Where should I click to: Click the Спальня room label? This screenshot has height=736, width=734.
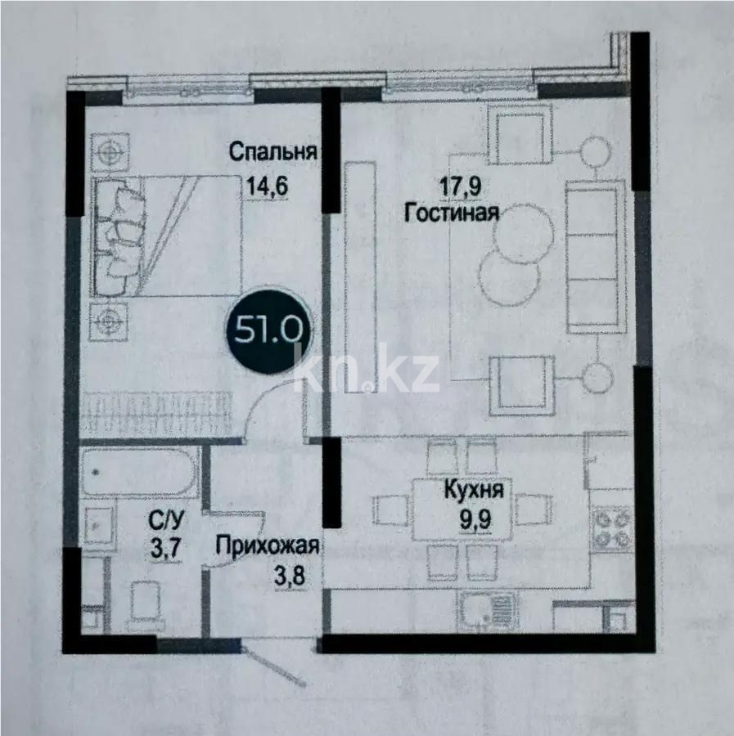(x=272, y=153)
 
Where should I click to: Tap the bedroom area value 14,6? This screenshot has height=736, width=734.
(x=267, y=186)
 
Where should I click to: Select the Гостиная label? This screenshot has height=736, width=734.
(x=452, y=213)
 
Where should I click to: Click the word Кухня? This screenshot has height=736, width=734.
(x=474, y=490)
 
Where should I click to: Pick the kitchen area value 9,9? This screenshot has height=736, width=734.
(x=475, y=519)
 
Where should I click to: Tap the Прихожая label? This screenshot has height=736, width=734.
(x=268, y=546)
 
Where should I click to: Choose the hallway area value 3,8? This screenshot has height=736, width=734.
(x=290, y=576)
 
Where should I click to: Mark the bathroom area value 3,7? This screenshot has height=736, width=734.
(x=166, y=547)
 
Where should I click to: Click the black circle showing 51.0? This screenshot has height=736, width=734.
(x=268, y=332)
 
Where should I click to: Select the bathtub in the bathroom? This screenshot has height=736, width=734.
(x=139, y=472)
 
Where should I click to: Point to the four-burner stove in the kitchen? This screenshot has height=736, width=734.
(x=612, y=528)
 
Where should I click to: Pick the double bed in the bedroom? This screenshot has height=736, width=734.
(x=168, y=236)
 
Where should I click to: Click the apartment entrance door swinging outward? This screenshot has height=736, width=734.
(x=275, y=666)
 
